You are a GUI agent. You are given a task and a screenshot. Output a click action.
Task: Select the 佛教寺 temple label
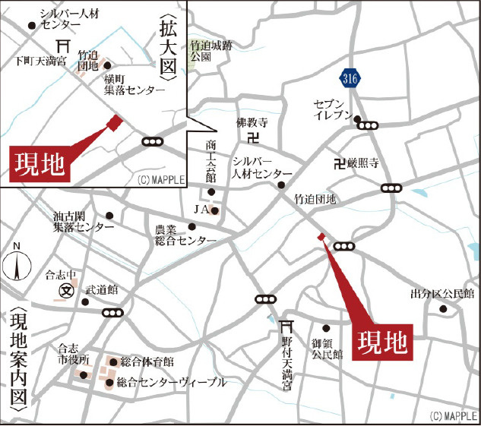[252, 121]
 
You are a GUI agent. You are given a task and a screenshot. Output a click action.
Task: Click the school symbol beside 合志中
[65, 291]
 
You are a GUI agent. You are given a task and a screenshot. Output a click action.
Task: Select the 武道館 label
[102, 289]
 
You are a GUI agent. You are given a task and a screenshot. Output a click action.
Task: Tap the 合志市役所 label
[74, 355]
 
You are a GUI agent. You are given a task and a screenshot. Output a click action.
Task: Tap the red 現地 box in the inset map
[39, 162]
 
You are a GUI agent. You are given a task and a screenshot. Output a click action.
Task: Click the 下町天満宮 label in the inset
[40, 60]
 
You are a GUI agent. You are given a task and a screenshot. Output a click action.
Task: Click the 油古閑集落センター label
[83, 221]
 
